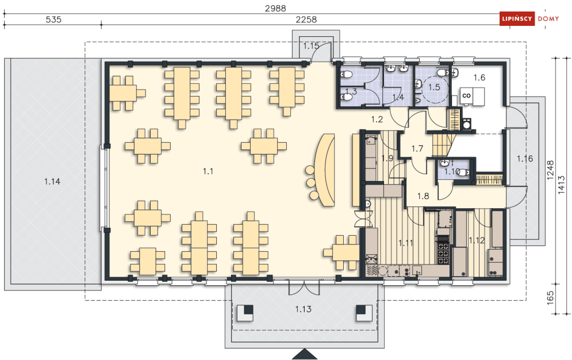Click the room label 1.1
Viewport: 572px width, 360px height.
tap(208, 171)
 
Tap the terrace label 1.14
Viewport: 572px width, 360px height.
tap(52, 181)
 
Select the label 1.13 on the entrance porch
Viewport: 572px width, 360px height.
tap(303, 309)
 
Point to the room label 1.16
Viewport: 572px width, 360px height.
tap(525, 159)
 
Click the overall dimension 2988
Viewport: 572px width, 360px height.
tap(275, 8)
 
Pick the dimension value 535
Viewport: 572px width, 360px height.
tap(53, 20)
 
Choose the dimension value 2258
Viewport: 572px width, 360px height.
tap(306, 20)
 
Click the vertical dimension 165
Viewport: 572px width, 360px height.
tap(551, 298)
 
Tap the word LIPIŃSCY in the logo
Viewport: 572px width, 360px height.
tap(517, 18)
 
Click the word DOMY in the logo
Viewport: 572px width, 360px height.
tap(548, 18)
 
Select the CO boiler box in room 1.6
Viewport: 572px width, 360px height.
tap(467, 95)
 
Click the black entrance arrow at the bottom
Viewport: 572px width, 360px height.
tap(305, 354)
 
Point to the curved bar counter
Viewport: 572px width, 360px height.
tap(326, 170)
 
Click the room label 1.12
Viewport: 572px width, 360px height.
tap(477, 240)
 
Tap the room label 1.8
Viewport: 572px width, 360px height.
tap(423, 196)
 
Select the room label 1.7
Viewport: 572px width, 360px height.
tap(417, 149)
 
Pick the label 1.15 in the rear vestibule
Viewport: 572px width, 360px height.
tap(311, 46)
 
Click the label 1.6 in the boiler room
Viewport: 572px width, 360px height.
tap(479, 78)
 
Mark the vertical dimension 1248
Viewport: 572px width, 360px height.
tap(551, 170)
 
